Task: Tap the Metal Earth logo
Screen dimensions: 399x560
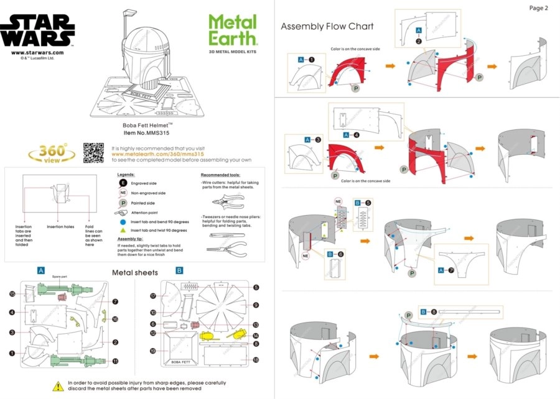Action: (x=232, y=30)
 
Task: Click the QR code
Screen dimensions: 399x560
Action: (x=93, y=152)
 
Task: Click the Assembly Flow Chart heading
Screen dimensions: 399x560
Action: (x=327, y=26)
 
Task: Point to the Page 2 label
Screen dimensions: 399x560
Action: (x=538, y=8)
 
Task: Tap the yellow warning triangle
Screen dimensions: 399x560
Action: (x=58, y=386)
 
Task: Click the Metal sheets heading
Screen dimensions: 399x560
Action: (x=134, y=272)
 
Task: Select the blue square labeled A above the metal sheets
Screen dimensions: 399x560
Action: (x=40, y=271)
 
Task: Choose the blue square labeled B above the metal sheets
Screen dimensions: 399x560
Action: (x=179, y=271)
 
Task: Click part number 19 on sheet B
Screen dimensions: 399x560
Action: (x=152, y=351)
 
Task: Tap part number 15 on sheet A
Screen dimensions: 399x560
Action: (x=12, y=293)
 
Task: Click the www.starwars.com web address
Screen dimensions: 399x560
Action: (x=36, y=53)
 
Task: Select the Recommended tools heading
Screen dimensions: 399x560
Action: (x=220, y=175)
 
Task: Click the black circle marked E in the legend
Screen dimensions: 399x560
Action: (x=123, y=184)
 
